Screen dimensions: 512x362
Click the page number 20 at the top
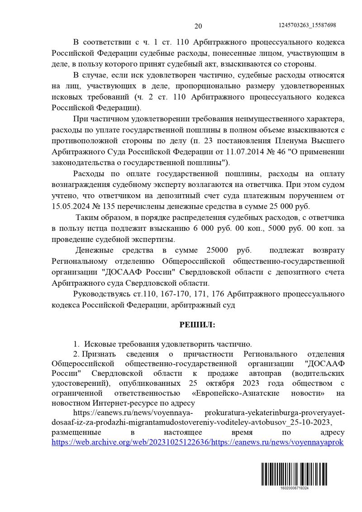pyautogui.click(x=198, y=26)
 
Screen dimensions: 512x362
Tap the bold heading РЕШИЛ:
pyautogui.click(x=198, y=325)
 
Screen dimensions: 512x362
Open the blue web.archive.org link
pyautogui.click(x=198, y=442)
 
